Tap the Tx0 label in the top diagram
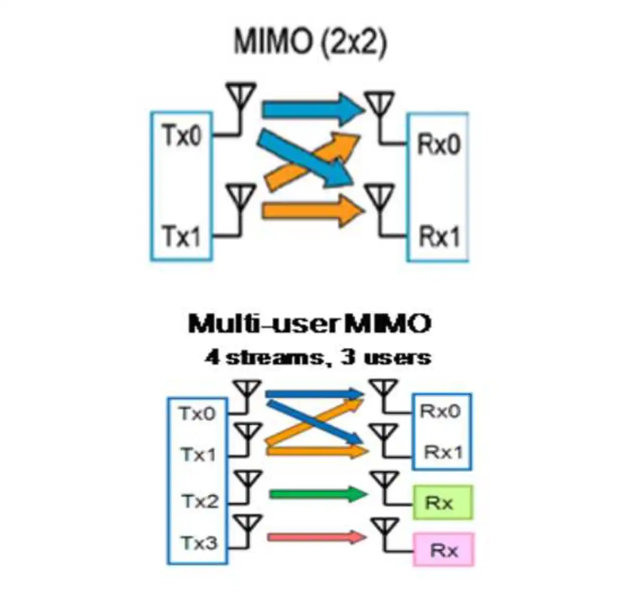pyautogui.click(x=182, y=135)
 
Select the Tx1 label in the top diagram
pyautogui.click(x=182, y=236)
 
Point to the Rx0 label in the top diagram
pyautogui.click(x=439, y=144)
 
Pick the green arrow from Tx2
pyautogui.click(x=318, y=494)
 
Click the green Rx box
pyautogui.click(x=442, y=502)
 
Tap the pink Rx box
pyautogui.click(x=443, y=550)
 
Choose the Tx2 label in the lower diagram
pyautogui.click(x=199, y=501)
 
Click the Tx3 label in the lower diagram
pyautogui.click(x=199, y=543)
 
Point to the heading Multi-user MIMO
pyautogui.click(x=309, y=324)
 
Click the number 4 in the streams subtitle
pyautogui.click(x=212, y=358)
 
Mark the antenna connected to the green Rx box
pyautogui.click(x=384, y=482)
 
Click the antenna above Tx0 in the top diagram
pyautogui.click(x=241, y=96)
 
